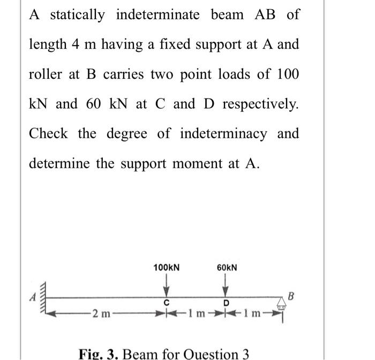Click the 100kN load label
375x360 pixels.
pyautogui.click(x=166, y=267)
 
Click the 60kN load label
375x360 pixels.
pyautogui.click(x=227, y=267)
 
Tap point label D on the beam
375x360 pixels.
pyautogui.click(x=226, y=303)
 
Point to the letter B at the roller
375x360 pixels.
pyautogui.click(x=291, y=295)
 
